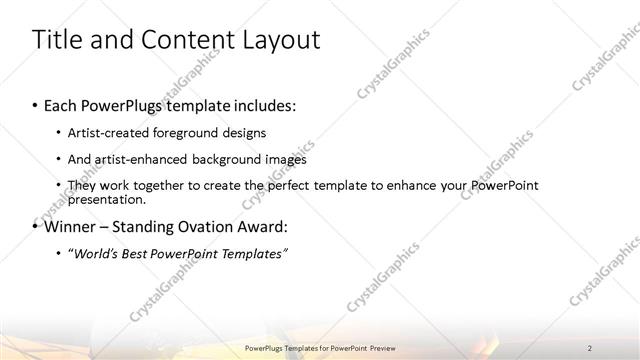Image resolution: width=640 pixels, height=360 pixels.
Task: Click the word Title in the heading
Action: pyautogui.click(x=57, y=40)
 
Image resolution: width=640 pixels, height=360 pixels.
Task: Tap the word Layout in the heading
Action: pyautogui.click(x=277, y=40)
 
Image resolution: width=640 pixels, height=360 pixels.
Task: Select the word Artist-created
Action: pyautogui.click(x=108, y=132)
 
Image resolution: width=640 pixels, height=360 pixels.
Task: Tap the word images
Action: pyautogui.click(x=285, y=158)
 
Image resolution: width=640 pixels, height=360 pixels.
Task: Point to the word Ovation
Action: pyautogui.click(x=199, y=226)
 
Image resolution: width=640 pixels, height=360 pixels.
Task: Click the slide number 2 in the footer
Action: pyautogui.click(x=590, y=347)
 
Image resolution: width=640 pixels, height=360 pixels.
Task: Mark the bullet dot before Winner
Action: pyautogui.click(x=36, y=226)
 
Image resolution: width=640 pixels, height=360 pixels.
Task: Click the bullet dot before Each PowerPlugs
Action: pyautogui.click(x=36, y=104)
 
